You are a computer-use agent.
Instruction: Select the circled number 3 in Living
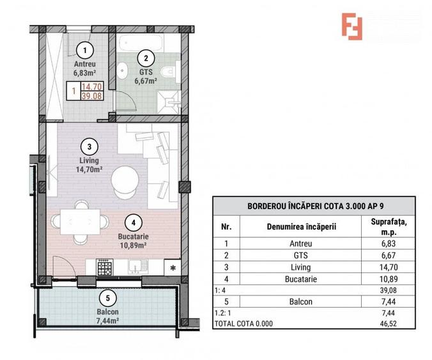click(x=91, y=145)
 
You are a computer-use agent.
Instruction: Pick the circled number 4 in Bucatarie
click(x=132, y=223)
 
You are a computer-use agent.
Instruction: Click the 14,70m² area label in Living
click(x=91, y=169)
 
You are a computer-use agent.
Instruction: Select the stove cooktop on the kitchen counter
click(x=105, y=267)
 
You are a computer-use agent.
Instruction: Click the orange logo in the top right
click(x=351, y=26)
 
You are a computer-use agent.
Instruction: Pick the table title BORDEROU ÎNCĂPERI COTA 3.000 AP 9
click(x=313, y=206)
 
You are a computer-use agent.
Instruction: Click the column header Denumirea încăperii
click(x=300, y=226)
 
